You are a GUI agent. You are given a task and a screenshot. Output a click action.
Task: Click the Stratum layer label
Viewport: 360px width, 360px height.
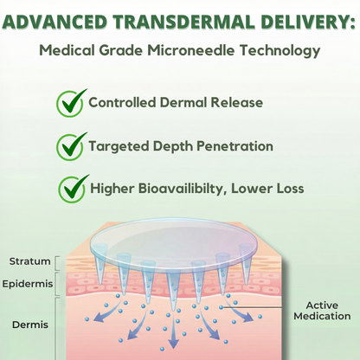[29, 261]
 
